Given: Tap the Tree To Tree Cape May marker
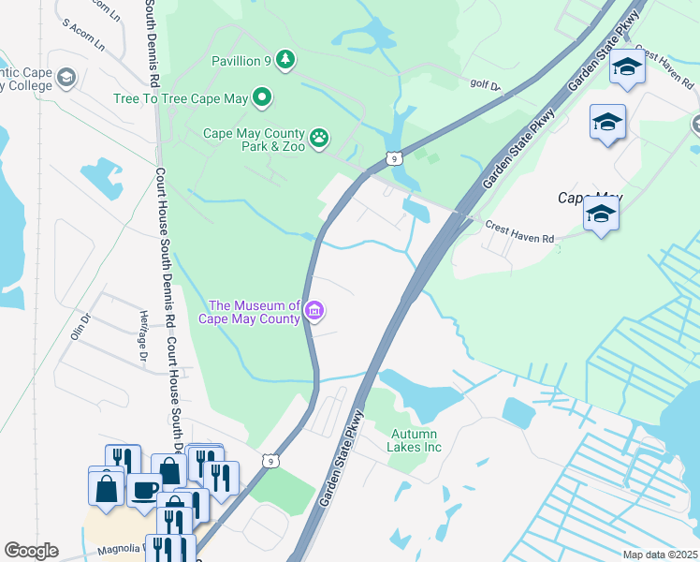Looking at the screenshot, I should [x=263, y=96].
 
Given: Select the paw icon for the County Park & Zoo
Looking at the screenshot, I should [x=319, y=139].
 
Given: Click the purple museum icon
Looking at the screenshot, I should [x=314, y=311].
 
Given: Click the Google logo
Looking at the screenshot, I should [x=31, y=550].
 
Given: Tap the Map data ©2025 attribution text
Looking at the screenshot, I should [x=660, y=555].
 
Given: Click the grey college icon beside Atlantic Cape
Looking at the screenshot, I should [x=66, y=77].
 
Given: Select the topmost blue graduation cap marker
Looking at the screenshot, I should [x=627, y=67].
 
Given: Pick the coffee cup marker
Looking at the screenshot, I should [x=143, y=489].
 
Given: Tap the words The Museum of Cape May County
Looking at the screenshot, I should [x=254, y=311].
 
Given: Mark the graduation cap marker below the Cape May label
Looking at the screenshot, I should [x=601, y=215].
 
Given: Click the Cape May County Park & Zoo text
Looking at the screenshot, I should [x=255, y=140].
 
